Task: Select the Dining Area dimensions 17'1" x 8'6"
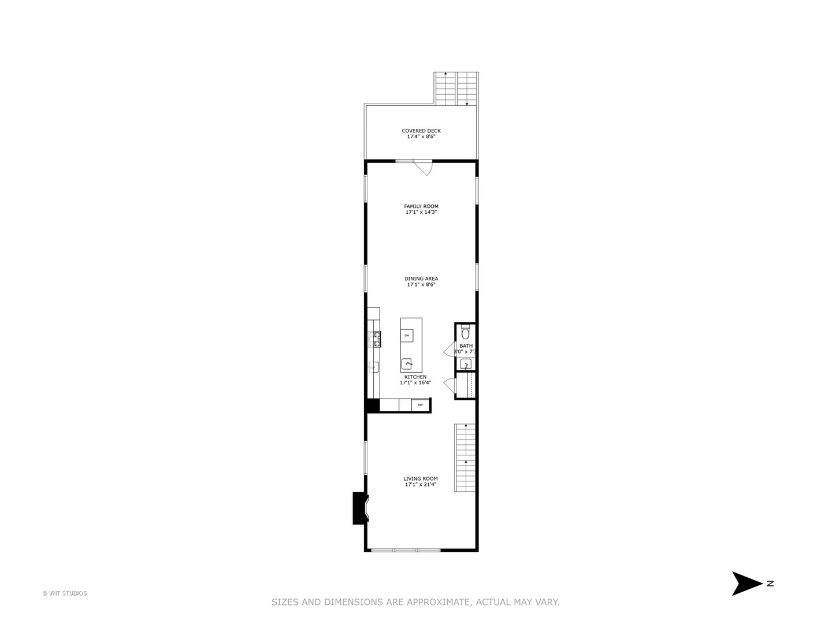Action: pyautogui.click(x=421, y=285)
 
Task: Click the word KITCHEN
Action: pyautogui.click(x=415, y=377)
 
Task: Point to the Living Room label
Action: pyautogui.click(x=421, y=478)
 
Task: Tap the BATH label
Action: pyautogui.click(x=466, y=346)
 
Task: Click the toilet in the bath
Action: pyautogui.click(x=466, y=333)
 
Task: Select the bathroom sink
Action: pyautogui.click(x=466, y=364)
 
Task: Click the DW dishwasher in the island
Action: pyautogui.click(x=407, y=336)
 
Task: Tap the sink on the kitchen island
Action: pyautogui.click(x=408, y=364)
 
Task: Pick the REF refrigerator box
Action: pyautogui.click(x=421, y=405)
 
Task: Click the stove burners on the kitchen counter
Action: pyautogui.click(x=376, y=339)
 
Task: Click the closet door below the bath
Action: pyautogui.click(x=449, y=384)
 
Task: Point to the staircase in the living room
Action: pyautogui.click(x=465, y=458)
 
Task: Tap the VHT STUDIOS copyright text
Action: pyautogui.click(x=65, y=593)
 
